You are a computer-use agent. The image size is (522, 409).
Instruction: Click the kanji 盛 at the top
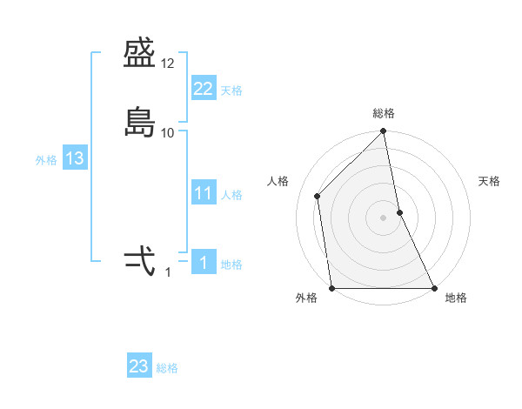139,57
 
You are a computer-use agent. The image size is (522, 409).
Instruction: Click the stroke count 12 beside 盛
168,64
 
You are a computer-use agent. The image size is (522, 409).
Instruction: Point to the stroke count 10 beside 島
168,132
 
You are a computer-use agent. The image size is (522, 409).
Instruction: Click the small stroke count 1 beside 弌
168,272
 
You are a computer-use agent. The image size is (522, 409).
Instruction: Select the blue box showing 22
203,89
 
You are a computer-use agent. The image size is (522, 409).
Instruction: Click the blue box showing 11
203,193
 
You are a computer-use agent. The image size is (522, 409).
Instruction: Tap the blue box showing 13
74,158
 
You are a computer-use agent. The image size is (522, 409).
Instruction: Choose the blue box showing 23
139,366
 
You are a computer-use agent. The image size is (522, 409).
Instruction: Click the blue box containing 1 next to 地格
203,263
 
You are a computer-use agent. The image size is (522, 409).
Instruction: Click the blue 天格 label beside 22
231,91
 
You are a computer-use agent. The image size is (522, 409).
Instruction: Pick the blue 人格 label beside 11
231,195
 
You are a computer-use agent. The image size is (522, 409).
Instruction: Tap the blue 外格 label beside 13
46,160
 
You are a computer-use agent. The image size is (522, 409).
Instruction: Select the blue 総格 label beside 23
167,368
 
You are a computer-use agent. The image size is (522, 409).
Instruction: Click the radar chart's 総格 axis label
384,113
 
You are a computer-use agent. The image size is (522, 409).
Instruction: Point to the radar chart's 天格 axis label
489,181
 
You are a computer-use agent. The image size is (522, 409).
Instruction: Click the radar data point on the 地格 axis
433,288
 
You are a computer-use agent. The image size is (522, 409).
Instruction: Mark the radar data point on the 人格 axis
318,196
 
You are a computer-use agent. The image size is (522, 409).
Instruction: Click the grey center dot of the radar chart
384,217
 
